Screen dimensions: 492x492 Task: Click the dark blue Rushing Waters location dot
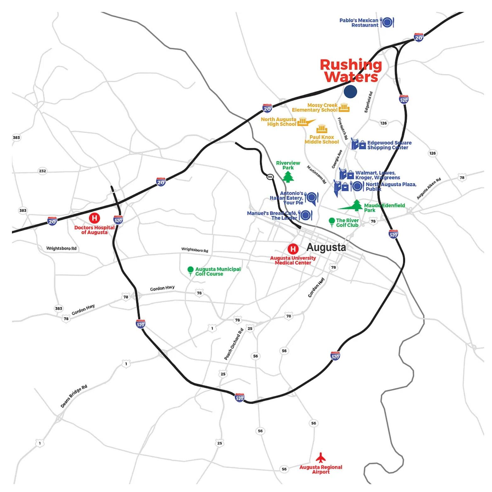tap(350, 92)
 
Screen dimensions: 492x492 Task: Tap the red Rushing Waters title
tap(351, 71)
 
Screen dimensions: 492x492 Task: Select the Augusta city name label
tap(326, 247)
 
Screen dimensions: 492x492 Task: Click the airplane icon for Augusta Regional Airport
tap(321, 457)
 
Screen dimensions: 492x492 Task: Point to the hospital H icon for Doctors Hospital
tap(94, 218)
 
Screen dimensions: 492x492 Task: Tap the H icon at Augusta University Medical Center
tap(293, 249)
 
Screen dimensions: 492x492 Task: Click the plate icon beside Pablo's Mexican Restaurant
tap(387, 22)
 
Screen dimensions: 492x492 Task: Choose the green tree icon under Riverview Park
tap(288, 177)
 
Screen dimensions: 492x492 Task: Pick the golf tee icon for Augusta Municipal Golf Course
tap(190, 271)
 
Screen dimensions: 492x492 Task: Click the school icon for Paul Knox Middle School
tap(322, 129)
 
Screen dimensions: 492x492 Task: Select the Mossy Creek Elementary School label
tap(314, 107)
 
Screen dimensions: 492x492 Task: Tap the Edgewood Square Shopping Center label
tap(389, 145)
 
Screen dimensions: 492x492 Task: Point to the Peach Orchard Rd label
tap(234, 344)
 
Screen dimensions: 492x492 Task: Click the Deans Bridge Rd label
tap(74, 396)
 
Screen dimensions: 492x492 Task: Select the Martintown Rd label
tap(316, 175)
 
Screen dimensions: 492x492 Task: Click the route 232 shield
tap(42, 171)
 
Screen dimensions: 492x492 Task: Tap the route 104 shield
tap(270, 177)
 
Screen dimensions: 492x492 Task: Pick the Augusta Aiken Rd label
tap(429, 189)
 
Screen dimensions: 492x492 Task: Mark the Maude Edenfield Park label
tap(384, 208)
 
